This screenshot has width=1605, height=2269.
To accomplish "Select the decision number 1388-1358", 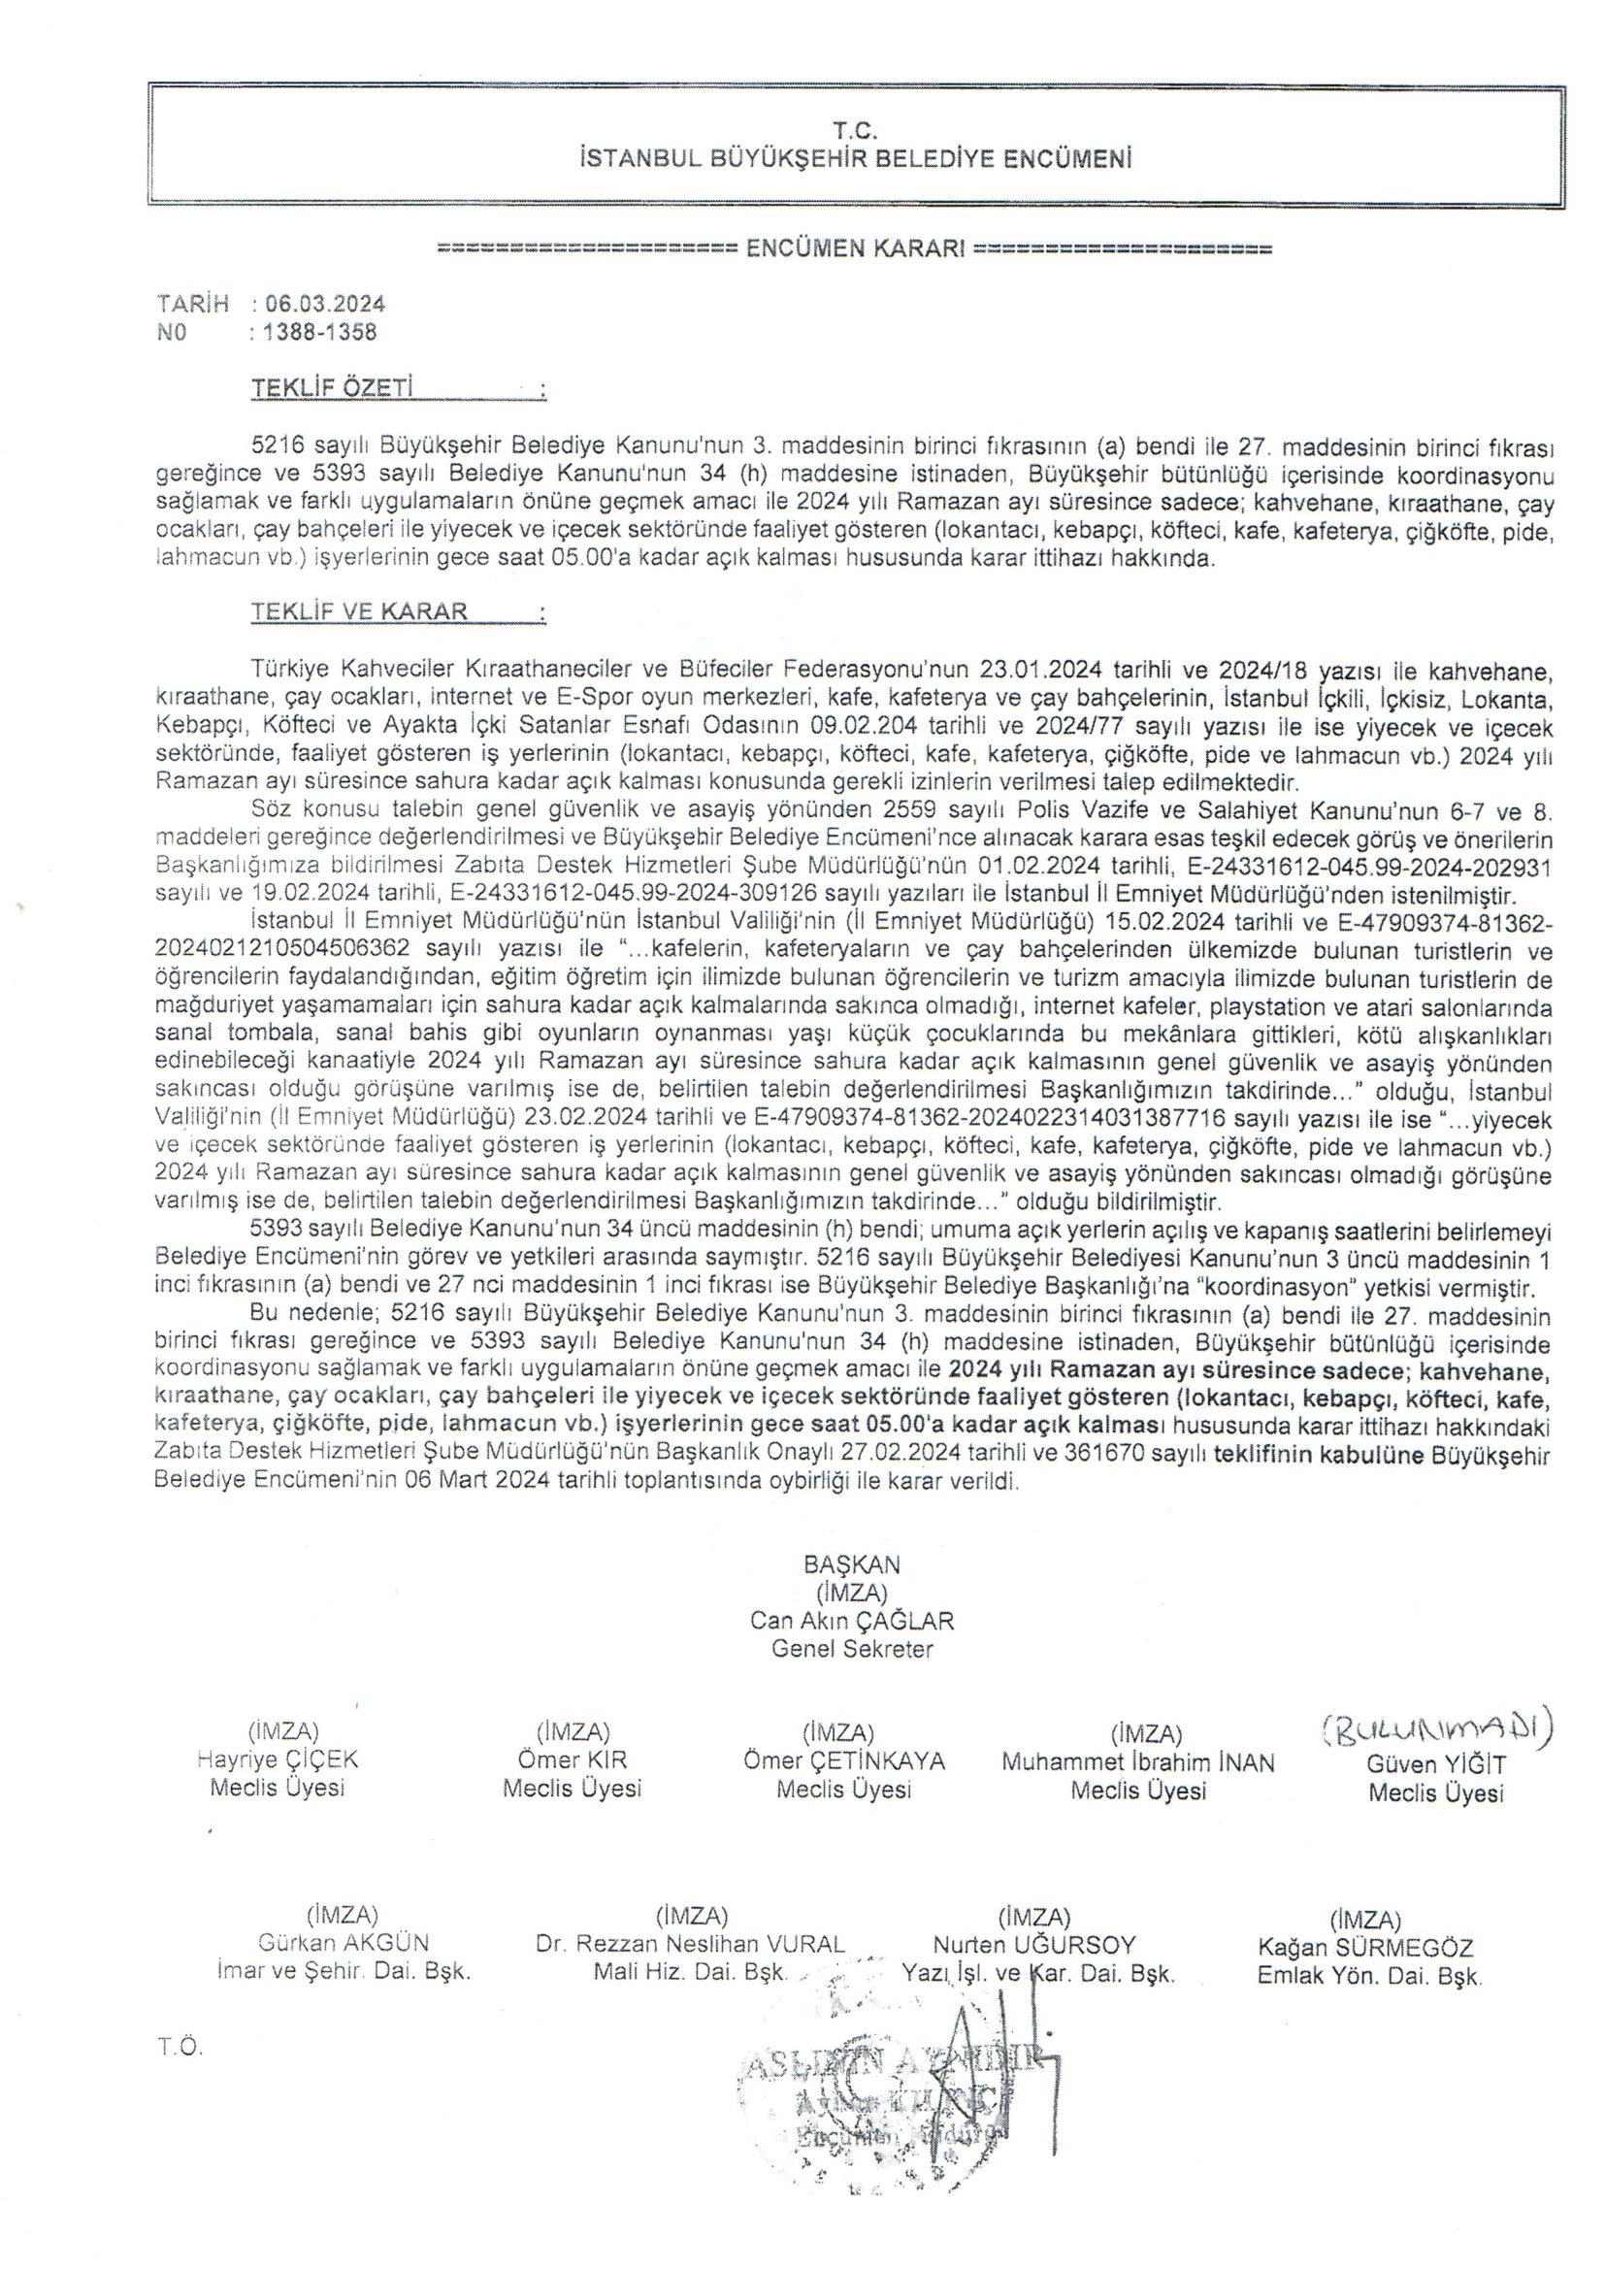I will [x=319, y=333].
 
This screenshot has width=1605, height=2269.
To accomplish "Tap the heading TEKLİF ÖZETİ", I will [x=331, y=388].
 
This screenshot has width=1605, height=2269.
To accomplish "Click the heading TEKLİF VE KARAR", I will [x=359, y=610].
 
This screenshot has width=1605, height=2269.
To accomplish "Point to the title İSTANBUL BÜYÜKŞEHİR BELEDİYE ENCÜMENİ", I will [x=856, y=158].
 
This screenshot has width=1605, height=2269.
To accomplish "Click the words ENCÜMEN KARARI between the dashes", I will [x=855, y=248].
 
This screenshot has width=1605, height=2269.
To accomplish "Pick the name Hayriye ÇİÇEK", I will [x=278, y=1760].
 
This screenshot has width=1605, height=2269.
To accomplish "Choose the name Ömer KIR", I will [x=573, y=1760].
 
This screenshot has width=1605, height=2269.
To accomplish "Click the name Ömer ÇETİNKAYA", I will [x=844, y=1761].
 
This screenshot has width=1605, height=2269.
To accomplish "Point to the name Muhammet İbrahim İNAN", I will [x=1138, y=1762].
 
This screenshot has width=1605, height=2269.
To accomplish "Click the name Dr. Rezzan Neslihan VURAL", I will [x=691, y=1944].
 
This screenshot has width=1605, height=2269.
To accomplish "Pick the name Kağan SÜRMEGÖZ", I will [x=1366, y=1948].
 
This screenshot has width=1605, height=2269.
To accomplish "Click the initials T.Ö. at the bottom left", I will [x=179, y=2048].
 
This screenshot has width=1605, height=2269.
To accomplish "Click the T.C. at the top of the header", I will [x=856, y=129].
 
